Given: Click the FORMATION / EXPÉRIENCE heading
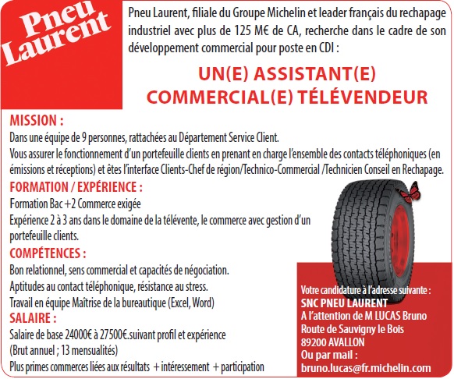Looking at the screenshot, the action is pos(76,187).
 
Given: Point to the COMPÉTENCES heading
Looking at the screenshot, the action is pos(48,253).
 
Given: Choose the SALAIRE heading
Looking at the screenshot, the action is pos(33,318).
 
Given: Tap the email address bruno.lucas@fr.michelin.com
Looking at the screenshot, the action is pos(365,367).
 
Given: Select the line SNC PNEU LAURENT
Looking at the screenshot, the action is pos(343,303).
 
